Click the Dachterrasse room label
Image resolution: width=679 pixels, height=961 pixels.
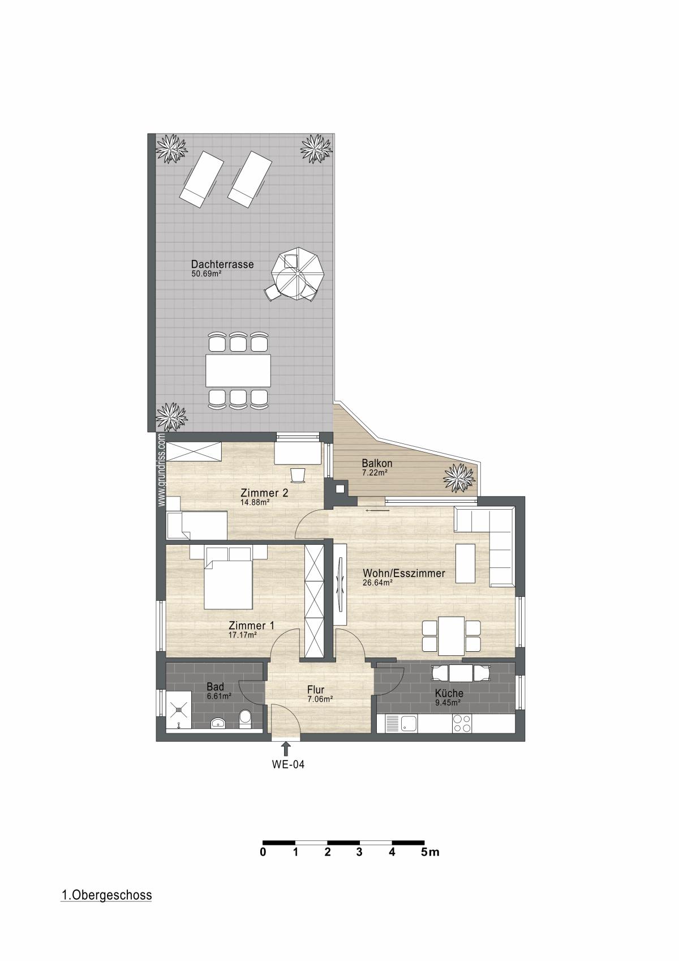tap(222, 264)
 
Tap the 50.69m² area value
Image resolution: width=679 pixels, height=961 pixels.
tap(206, 274)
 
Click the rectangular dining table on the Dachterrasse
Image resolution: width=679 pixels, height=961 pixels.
tap(238, 370)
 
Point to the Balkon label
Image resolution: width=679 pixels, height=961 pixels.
tap(377, 463)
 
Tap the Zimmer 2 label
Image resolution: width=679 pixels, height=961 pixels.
tap(264, 493)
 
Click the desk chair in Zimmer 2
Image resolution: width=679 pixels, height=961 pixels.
tap(297, 475)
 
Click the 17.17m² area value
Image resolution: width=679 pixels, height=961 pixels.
tap(242, 635)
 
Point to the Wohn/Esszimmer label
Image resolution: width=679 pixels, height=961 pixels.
tap(404, 573)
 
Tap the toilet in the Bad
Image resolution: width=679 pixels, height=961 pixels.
tap(246, 719)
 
